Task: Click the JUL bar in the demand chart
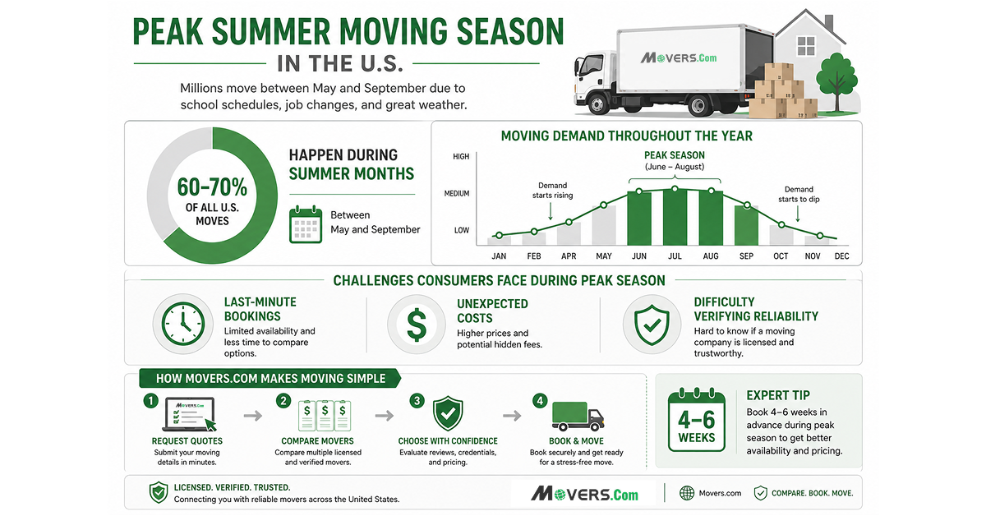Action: coord(675,217)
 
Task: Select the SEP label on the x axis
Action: coord(746,256)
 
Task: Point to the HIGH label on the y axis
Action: coord(461,156)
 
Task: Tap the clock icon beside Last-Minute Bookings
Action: coord(183,324)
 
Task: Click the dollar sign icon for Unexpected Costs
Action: coord(417,325)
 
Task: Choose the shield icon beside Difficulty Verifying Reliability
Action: coord(652,325)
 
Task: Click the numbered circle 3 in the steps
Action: coord(417,401)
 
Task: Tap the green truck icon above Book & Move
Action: coord(578,416)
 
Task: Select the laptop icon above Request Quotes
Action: coord(189,414)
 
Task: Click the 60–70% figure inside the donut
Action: coord(212,187)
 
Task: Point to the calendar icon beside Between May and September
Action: coord(306,223)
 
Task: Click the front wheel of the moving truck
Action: coord(597,105)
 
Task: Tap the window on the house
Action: coord(806,46)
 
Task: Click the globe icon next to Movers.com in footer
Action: coord(687,493)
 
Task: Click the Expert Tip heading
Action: coord(778,395)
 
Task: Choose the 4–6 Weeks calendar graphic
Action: coord(697,420)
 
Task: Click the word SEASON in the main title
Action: coord(510,32)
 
